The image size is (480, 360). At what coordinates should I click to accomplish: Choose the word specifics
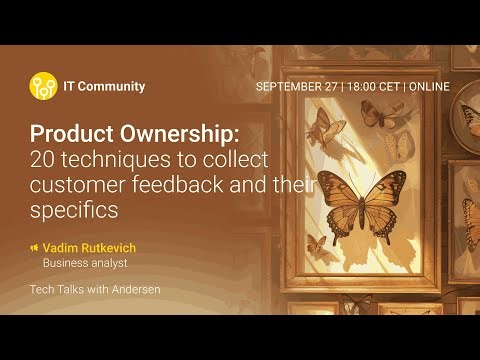coord(75,209)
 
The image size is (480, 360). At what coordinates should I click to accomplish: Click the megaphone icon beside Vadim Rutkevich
coord(34,247)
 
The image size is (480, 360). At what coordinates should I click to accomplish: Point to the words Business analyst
coord(85,264)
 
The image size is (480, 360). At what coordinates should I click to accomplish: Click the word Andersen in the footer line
coord(132,290)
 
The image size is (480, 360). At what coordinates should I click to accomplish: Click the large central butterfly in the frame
coord(352,196)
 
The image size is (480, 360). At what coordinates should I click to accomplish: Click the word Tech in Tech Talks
coord(42,290)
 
